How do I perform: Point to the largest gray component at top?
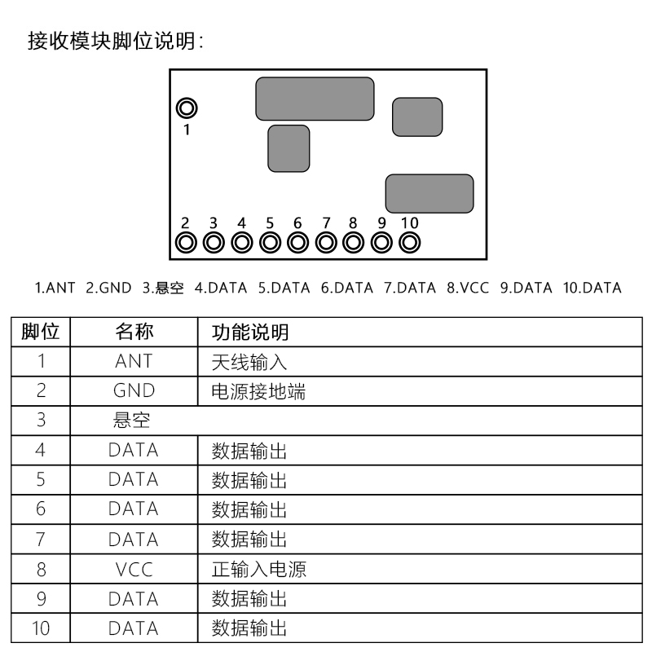[x=315, y=99]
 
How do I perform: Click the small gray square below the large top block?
[x=289, y=148]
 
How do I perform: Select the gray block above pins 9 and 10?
[x=430, y=194]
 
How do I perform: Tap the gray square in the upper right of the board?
[x=417, y=117]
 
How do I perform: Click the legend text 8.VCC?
[x=468, y=288]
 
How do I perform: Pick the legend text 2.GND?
[x=108, y=288]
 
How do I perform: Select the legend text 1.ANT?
[x=55, y=288]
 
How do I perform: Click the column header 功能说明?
[x=250, y=333]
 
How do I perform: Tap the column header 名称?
[x=134, y=332]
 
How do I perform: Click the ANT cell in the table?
[x=134, y=361]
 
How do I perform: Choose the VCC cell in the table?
[x=134, y=570]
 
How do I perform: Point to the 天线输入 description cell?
[x=249, y=362]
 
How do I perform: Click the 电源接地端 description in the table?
[x=258, y=392]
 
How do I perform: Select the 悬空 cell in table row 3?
[x=131, y=421]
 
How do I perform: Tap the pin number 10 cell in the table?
[x=41, y=628]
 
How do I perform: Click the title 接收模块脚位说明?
[x=112, y=42]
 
